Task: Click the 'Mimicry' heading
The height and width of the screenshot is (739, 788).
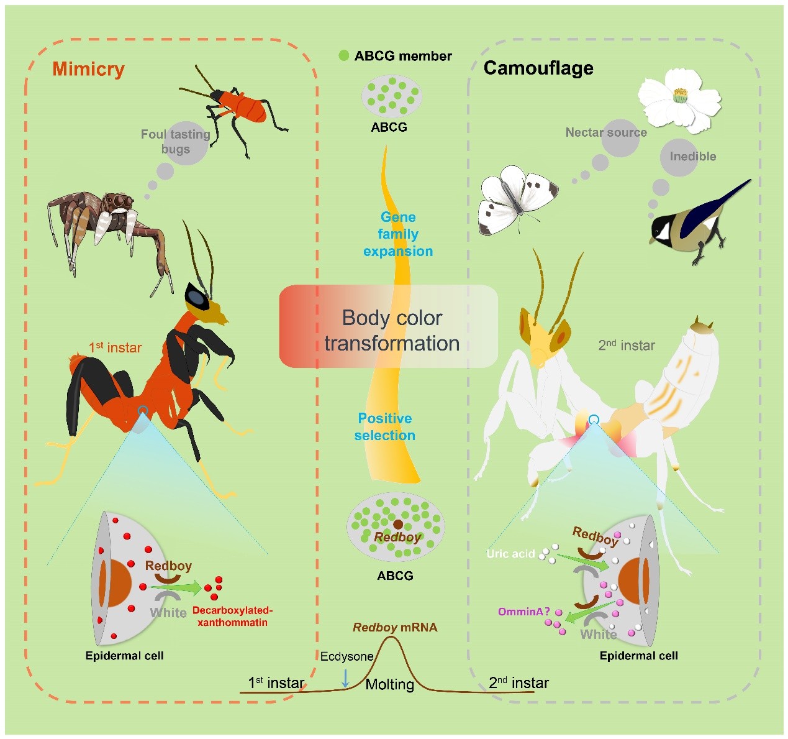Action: tap(88, 69)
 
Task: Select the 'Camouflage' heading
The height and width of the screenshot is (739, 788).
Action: tap(538, 68)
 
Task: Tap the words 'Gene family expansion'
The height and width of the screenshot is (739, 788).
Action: tap(398, 234)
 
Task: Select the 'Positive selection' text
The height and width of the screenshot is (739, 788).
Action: tap(385, 427)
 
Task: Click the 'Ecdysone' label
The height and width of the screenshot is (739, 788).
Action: tap(346, 656)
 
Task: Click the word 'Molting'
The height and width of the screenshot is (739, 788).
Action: tap(389, 684)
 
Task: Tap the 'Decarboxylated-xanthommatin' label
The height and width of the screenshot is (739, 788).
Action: tap(232, 616)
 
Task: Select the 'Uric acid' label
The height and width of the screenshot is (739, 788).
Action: tap(510, 553)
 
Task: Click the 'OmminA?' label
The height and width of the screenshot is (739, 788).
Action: tap(523, 612)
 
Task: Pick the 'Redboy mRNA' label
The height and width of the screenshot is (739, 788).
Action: tap(395, 628)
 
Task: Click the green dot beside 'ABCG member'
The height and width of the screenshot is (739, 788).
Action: tap(344, 55)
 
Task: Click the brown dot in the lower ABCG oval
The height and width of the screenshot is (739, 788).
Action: tap(398, 525)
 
